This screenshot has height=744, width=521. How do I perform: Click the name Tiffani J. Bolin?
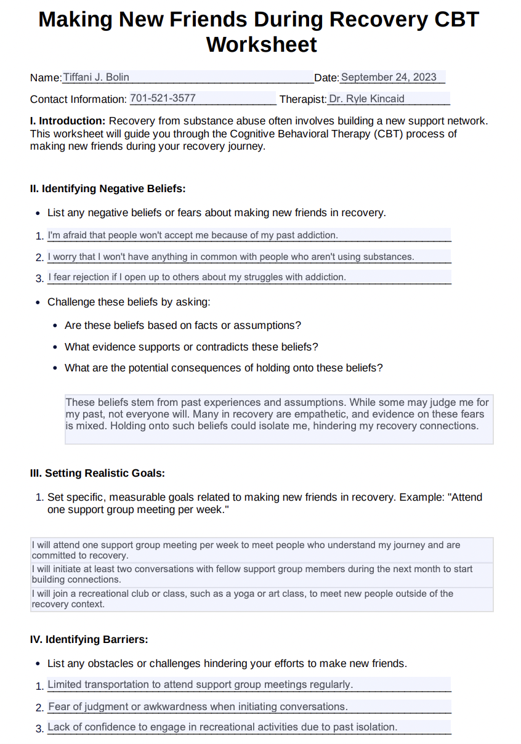point(96,77)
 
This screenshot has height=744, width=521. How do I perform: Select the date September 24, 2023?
point(389,77)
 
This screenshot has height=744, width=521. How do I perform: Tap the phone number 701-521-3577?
point(163,98)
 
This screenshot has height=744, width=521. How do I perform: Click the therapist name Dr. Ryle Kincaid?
point(366,99)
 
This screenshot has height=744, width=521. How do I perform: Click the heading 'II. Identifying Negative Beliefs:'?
point(108,188)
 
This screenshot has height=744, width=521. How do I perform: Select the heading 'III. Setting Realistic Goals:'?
point(97,473)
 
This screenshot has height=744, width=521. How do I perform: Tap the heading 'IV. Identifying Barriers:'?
point(89,639)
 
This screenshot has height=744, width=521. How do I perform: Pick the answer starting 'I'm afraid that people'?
point(193,235)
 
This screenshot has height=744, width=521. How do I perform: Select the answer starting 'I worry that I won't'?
point(231,256)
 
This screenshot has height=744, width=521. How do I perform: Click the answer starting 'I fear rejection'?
point(197,277)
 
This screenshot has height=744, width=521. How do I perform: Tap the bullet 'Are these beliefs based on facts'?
point(183,325)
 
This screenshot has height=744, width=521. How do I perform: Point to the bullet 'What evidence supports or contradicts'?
point(192,347)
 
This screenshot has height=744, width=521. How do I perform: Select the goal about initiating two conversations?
point(252,574)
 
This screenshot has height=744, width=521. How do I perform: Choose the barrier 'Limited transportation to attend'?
point(200,684)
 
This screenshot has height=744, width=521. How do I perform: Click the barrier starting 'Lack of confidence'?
point(222,727)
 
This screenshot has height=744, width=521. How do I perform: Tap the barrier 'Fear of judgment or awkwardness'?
point(198,706)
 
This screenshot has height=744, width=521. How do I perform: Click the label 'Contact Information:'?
point(78,99)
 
